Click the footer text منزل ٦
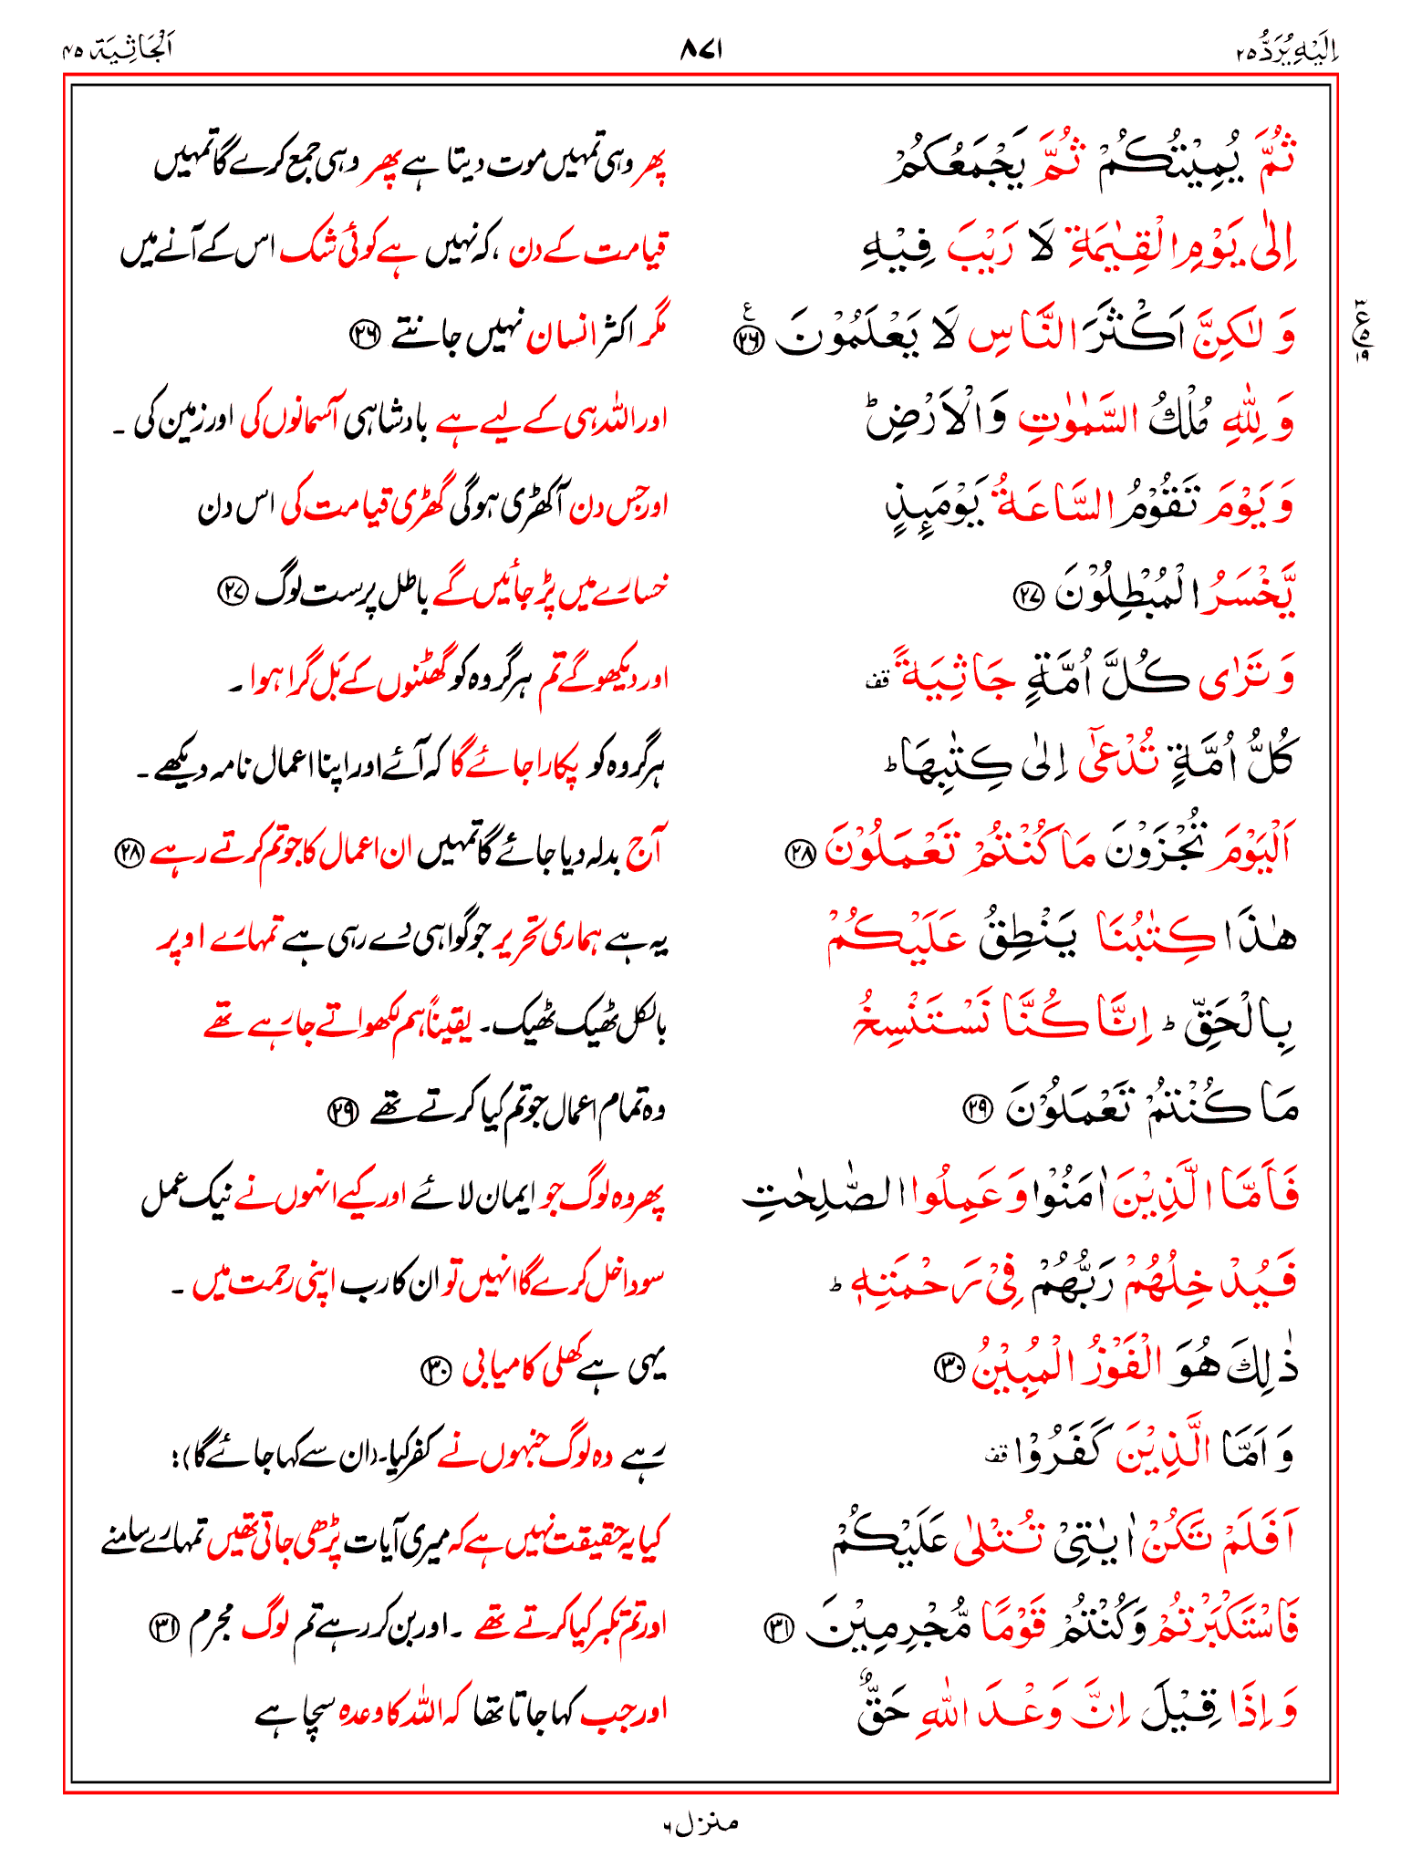[x=700, y=1823]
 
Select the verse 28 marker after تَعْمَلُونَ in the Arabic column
[x=800, y=853]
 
